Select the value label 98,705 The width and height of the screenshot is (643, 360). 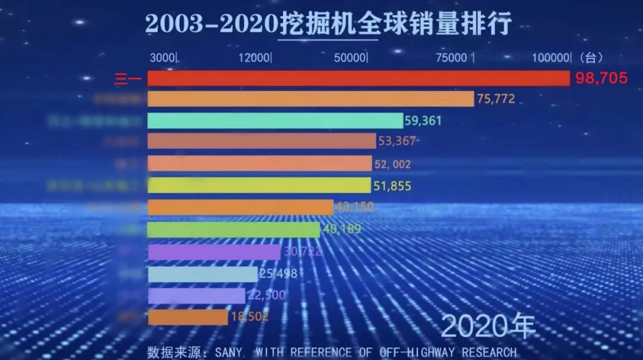tap(601, 78)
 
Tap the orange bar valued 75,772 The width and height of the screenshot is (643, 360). tap(310, 99)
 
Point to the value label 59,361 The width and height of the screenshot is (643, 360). tap(423, 121)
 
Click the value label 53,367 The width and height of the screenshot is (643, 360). tap(397, 141)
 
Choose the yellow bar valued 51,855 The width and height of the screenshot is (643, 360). tap(259, 185)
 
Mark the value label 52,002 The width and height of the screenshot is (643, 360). tap(392, 164)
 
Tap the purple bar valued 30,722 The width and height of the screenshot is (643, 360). tap(214, 252)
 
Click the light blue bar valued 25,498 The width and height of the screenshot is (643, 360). tap(202, 274)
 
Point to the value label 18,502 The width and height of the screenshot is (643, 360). tap(248, 317)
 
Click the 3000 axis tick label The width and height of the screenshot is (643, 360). tap(163, 58)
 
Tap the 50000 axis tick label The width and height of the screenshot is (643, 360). tap(349, 58)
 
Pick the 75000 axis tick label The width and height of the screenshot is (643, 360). tap(451, 58)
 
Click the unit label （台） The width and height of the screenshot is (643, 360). tap(590, 58)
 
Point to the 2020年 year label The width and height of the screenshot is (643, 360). tap(488, 326)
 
